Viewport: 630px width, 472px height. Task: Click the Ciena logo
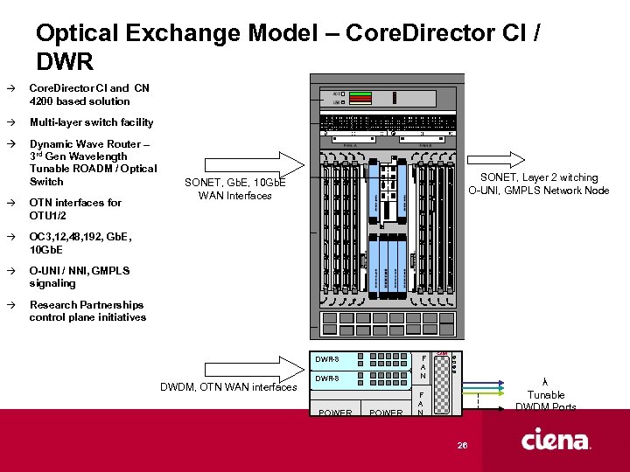(x=556, y=441)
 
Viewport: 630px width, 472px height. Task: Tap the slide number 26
(x=463, y=446)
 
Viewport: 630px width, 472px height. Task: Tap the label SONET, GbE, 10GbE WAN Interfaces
(x=234, y=189)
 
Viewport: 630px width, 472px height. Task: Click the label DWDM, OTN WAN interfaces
(x=229, y=387)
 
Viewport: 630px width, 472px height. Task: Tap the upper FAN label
(x=423, y=366)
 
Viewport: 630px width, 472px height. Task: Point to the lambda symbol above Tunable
(x=546, y=382)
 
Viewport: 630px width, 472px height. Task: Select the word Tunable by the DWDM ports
(x=546, y=395)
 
